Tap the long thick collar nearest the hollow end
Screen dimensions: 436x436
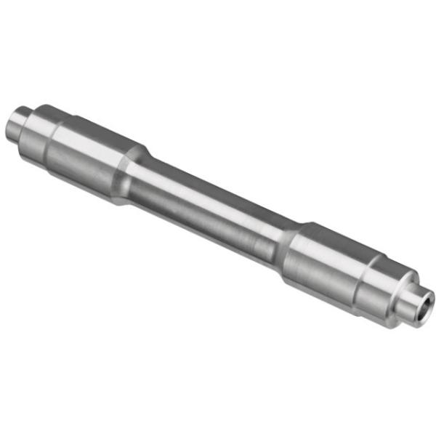(x=327, y=262)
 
